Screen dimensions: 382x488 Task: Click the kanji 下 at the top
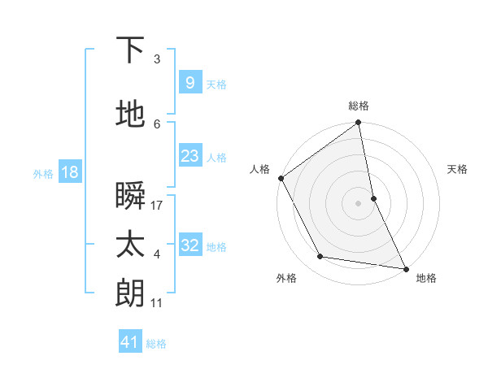(131, 50)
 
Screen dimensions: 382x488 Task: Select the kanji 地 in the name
(131, 115)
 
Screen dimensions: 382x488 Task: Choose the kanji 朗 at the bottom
(131, 293)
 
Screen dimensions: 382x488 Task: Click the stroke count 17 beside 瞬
(157, 206)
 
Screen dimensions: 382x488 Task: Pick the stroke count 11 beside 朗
(157, 303)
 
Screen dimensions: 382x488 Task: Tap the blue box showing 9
(190, 82)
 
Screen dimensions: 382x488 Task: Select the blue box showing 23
(190, 156)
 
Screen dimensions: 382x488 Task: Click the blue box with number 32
(190, 245)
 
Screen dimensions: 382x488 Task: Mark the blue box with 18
(69, 172)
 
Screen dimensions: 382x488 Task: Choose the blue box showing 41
(130, 342)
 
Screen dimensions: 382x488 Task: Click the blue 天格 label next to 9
(216, 84)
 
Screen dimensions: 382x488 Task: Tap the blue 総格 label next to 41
(156, 344)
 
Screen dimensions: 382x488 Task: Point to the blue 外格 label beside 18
(43, 173)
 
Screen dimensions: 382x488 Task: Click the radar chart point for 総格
(358, 124)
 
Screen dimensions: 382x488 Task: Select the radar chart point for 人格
(281, 178)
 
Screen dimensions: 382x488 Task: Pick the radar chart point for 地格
(405, 267)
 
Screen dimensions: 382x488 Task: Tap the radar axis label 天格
(457, 169)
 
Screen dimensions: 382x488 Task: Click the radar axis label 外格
(286, 278)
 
